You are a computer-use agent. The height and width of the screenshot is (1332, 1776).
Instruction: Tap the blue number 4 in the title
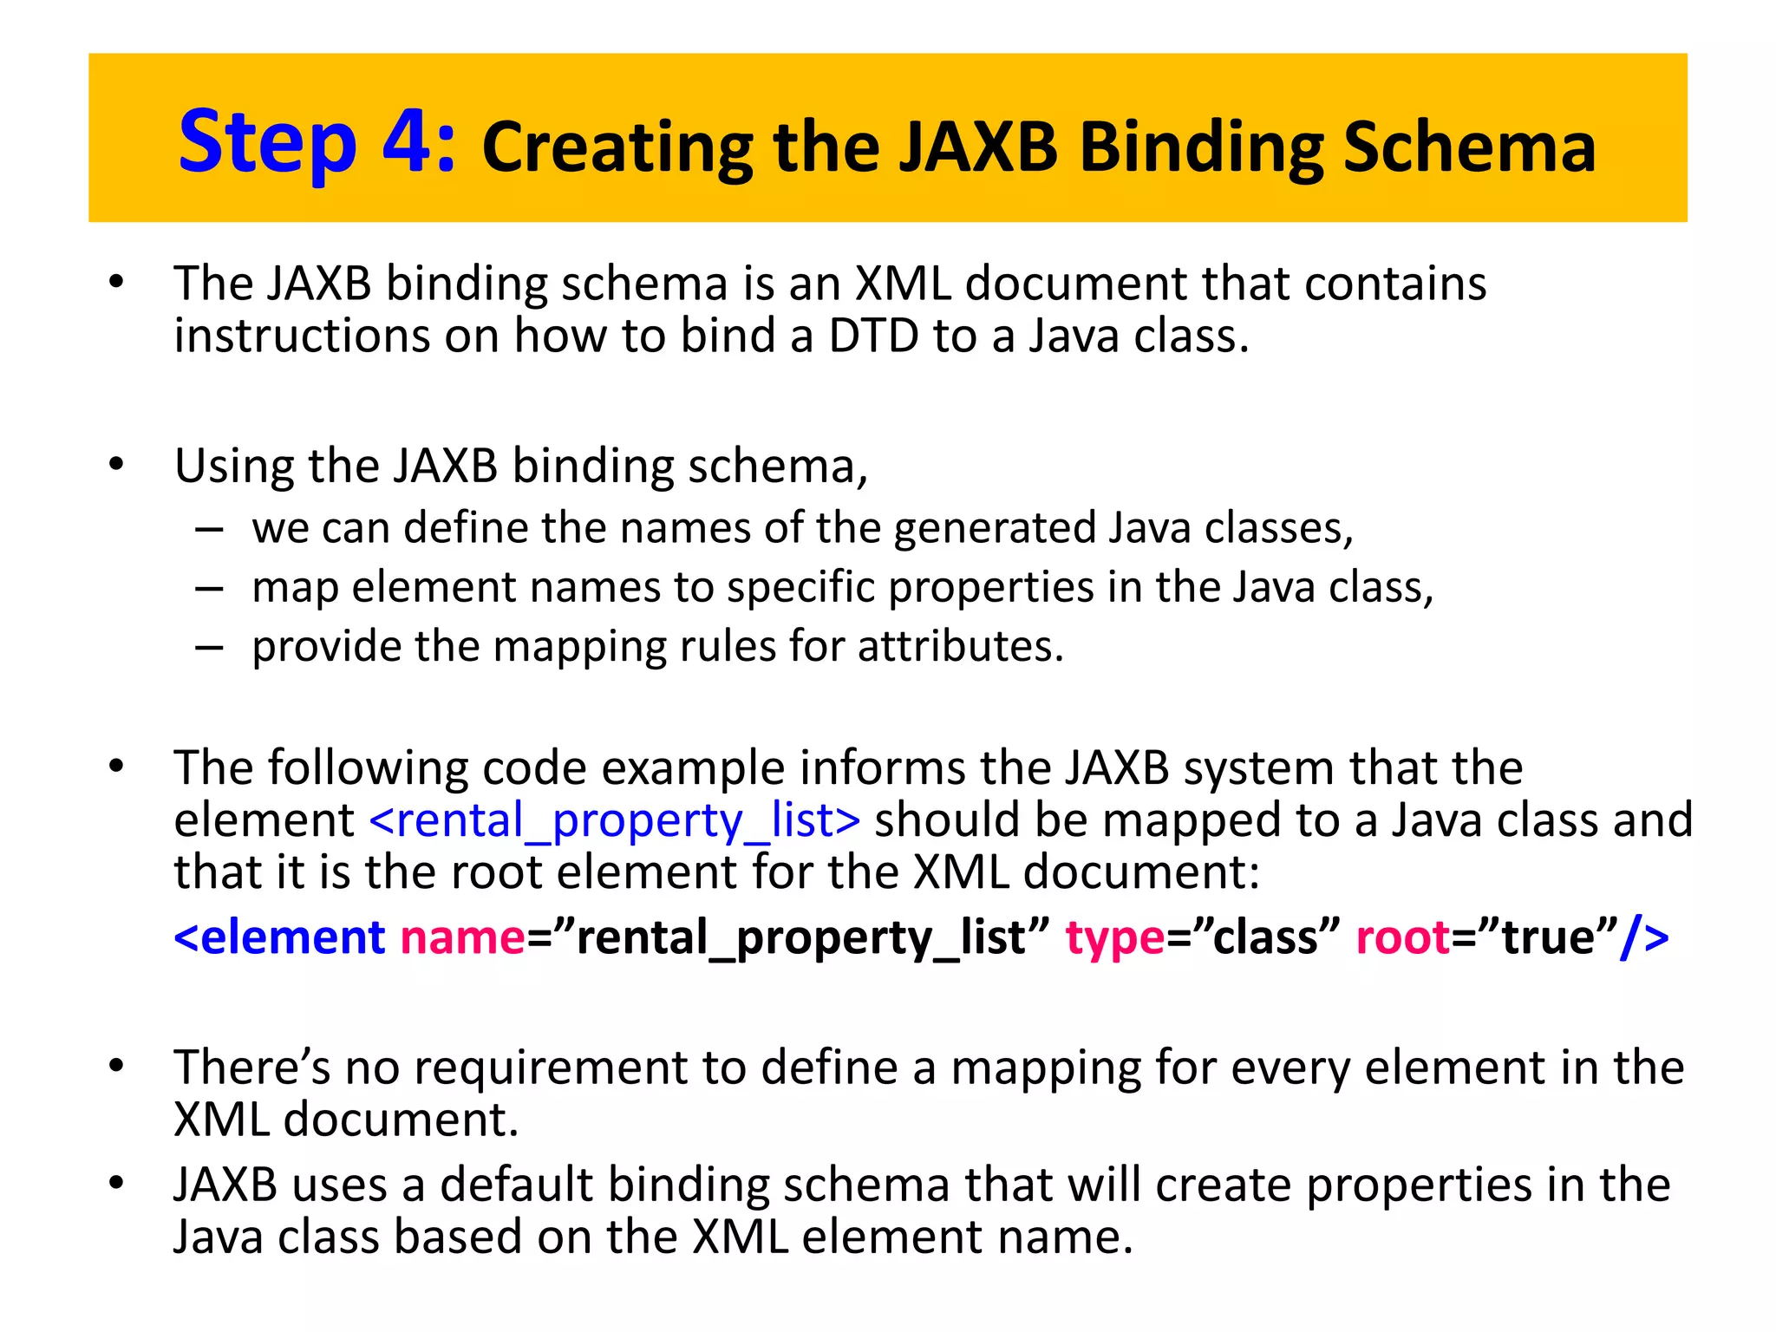(x=408, y=140)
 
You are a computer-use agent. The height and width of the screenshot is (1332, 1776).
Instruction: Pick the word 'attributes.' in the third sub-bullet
(x=960, y=646)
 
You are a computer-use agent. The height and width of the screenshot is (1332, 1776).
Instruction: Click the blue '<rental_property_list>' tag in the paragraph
(x=614, y=820)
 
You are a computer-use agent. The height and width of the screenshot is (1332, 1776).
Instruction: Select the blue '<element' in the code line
(x=279, y=937)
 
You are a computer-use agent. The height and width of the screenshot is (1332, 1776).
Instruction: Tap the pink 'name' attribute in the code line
(x=462, y=937)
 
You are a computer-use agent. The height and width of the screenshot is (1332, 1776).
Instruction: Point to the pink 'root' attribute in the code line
(x=1402, y=937)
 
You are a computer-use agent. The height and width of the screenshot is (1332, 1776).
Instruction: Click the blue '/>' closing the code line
(x=1643, y=937)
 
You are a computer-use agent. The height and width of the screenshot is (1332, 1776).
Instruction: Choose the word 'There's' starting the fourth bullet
(x=251, y=1068)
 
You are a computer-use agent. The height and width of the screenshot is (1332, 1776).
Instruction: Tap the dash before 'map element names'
(x=210, y=589)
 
